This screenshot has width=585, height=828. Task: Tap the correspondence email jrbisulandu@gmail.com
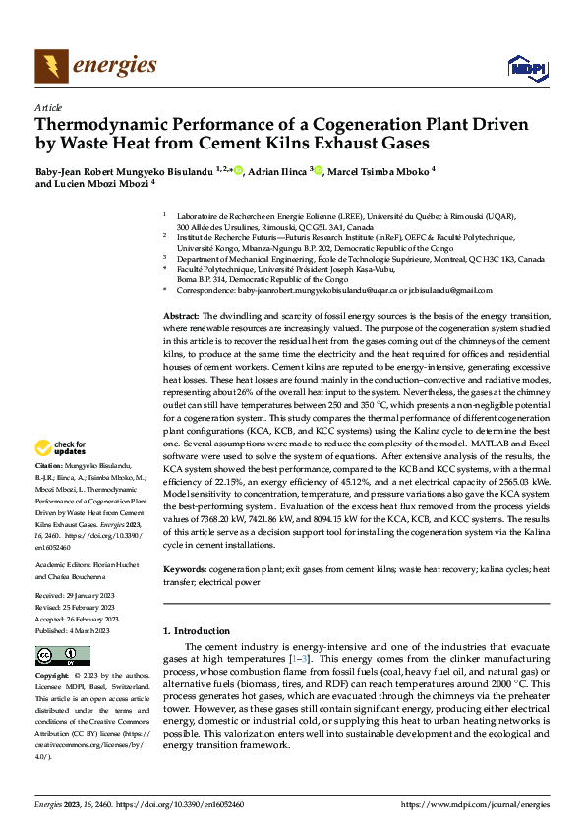click(443, 291)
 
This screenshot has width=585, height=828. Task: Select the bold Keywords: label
click(185, 569)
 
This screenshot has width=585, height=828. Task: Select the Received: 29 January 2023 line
click(79, 596)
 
